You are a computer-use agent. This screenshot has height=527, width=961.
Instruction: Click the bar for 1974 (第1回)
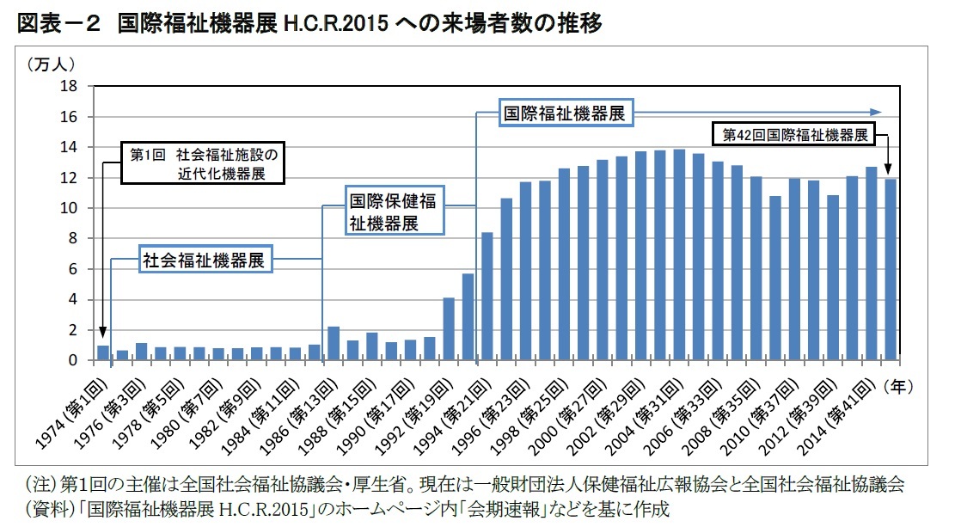pyautogui.click(x=103, y=353)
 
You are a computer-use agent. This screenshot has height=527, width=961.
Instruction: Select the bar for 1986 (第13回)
pyautogui.click(x=334, y=344)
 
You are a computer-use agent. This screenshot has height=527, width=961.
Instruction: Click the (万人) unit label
pyautogui.click(x=52, y=64)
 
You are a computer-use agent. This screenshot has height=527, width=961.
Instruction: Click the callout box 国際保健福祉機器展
pyautogui.click(x=395, y=211)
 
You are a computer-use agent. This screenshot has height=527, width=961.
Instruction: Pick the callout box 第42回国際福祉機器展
pyautogui.click(x=793, y=135)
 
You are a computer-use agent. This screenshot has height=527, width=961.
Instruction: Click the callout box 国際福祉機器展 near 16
pyautogui.click(x=563, y=113)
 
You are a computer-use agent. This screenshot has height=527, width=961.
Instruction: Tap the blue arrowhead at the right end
pyautogui.click(x=876, y=112)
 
